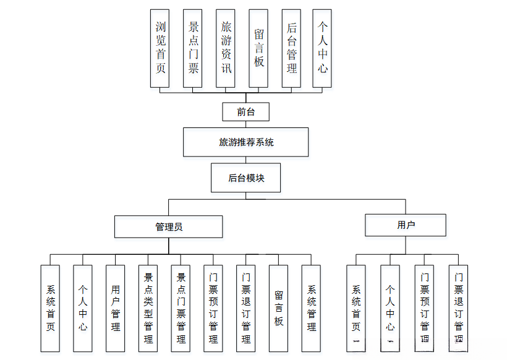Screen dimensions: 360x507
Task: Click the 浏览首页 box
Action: click(160, 48)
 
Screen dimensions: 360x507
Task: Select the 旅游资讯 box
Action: click(226, 48)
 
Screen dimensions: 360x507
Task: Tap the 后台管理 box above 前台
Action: click(291, 48)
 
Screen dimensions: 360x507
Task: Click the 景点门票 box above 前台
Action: click(193, 48)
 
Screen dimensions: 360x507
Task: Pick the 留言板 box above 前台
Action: click(258, 48)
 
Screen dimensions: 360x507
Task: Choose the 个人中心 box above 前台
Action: click(322, 48)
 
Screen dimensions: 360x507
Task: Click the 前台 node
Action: click(245, 112)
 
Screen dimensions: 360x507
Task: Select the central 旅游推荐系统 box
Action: click(245, 142)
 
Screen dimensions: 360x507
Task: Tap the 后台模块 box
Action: click(245, 178)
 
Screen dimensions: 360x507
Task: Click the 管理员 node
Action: click(168, 226)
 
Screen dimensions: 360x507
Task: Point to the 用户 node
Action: click(405, 225)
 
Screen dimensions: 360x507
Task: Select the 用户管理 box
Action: click(116, 308)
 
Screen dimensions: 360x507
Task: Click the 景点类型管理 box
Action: click(148, 308)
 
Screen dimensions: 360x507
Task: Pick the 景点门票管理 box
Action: click(181, 308)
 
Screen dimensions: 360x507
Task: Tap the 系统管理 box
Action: click(311, 308)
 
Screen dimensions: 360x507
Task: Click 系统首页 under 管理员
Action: click(51, 308)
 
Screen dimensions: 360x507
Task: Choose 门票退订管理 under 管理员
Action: click(246, 308)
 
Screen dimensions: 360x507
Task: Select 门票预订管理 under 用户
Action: click(424, 308)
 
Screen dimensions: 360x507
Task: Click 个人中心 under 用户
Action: click(390, 308)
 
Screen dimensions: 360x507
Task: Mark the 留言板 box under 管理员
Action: click(279, 308)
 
